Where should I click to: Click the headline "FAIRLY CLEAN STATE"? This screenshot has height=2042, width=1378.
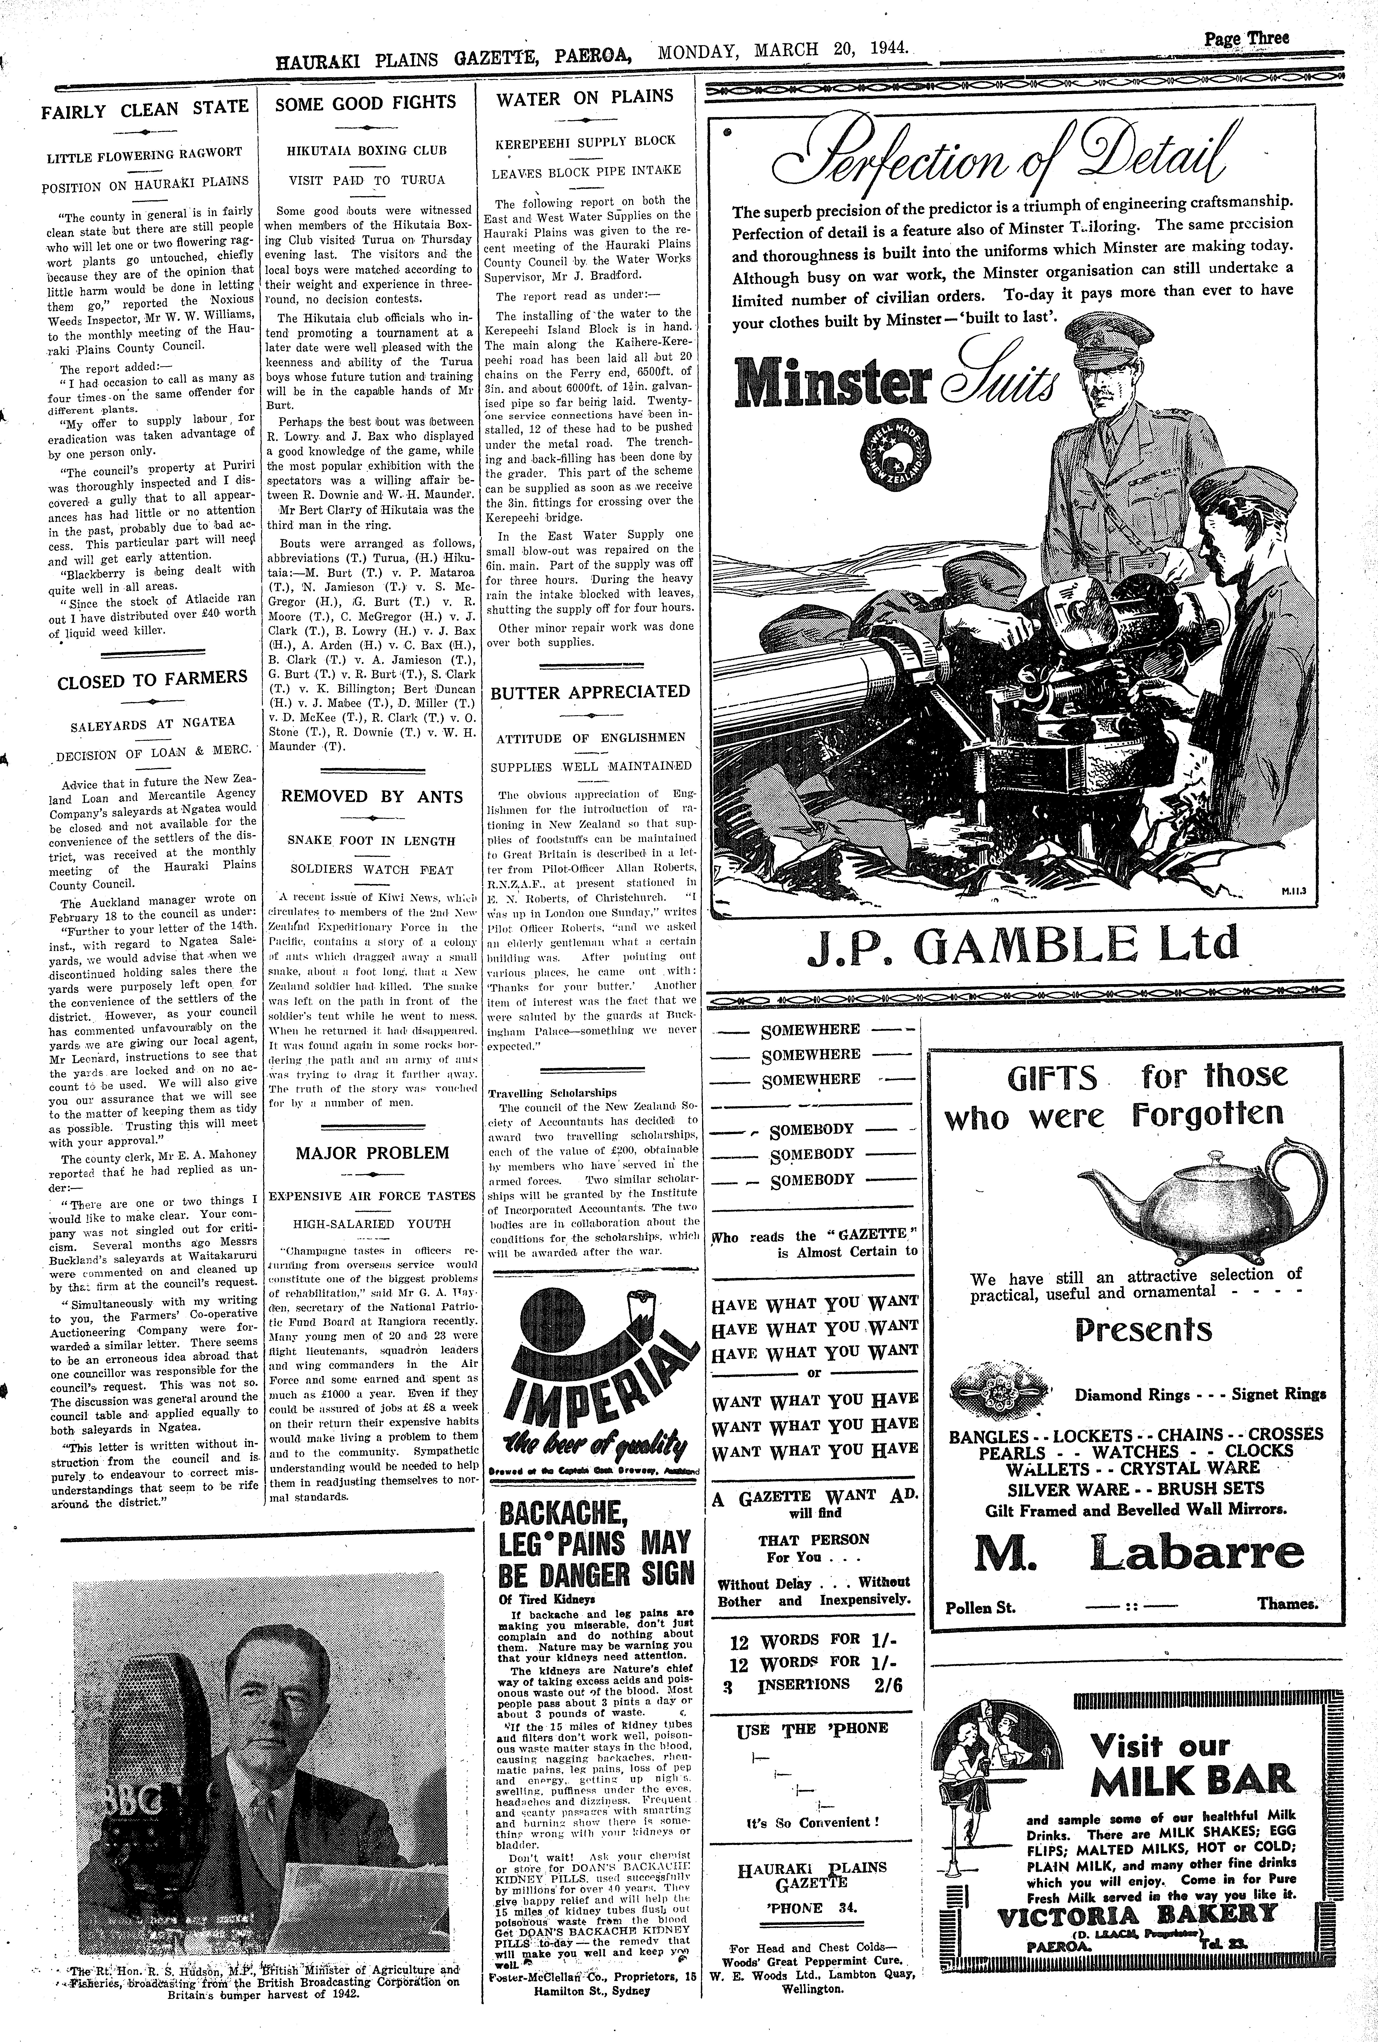pos(146,109)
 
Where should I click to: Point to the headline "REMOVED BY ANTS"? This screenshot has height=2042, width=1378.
pos(372,796)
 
